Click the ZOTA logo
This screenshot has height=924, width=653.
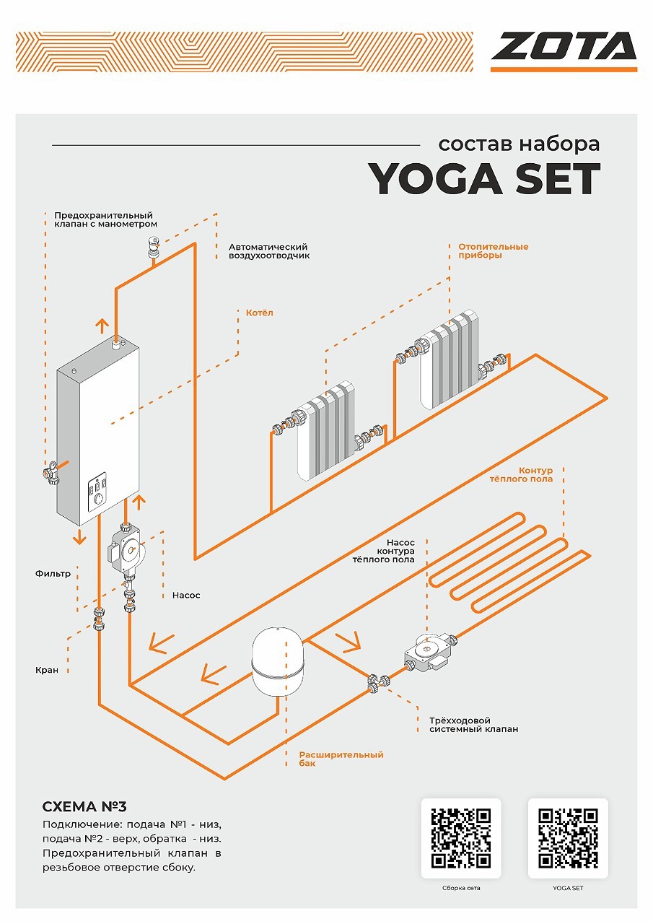[x=564, y=51]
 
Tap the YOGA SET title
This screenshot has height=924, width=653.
[x=484, y=179]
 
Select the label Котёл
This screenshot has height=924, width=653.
[x=259, y=313]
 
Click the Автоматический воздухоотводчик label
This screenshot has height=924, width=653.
[x=269, y=250]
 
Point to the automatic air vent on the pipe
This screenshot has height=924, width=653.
[x=154, y=247]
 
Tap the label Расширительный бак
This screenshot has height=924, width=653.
[x=341, y=759]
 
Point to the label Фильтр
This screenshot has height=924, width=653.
[x=53, y=573]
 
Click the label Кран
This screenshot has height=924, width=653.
[x=47, y=670]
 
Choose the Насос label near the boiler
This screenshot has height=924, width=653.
[x=186, y=596]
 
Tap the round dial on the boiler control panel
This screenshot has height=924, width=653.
[x=99, y=499]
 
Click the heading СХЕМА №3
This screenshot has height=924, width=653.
[x=84, y=806]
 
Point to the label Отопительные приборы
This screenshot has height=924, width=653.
[x=493, y=250]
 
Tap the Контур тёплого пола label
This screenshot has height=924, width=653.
[x=521, y=474]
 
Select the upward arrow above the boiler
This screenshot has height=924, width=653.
[x=102, y=326]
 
